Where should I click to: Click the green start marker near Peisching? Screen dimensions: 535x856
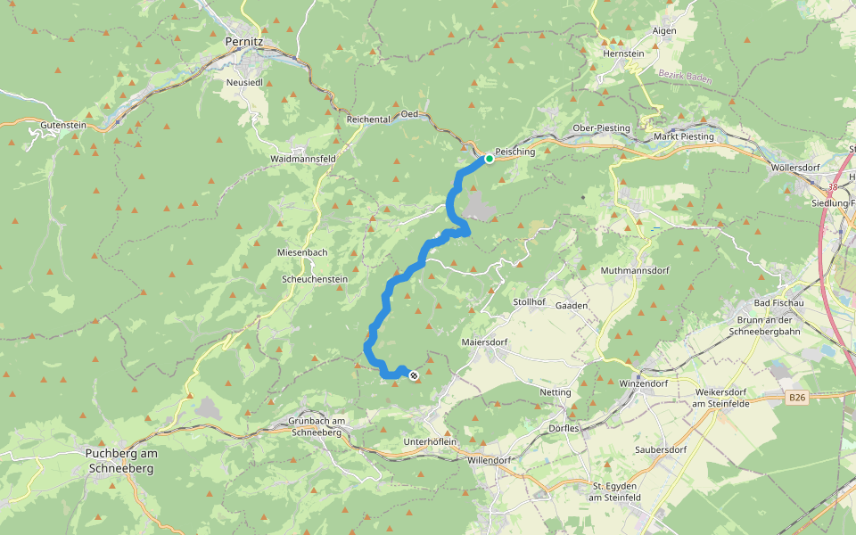pyautogui.click(x=489, y=159)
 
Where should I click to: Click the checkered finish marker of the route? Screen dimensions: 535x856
pyautogui.click(x=414, y=375)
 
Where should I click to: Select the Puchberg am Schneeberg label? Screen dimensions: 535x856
pyautogui.click(x=120, y=460)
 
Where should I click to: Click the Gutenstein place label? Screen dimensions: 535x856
pyautogui.click(x=63, y=126)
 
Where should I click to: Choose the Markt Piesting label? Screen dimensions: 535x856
pyautogui.click(x=685, y=136)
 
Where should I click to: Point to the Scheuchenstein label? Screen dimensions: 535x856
pyautogui.click(x=314, y=278)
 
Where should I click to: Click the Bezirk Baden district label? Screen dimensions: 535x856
pyautogui.click(x=682, y=78)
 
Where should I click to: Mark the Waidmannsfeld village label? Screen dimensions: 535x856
pyautogui.click(x=302, y=159)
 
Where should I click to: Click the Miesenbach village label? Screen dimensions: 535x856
pyautogui.click(x=302, y=252)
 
